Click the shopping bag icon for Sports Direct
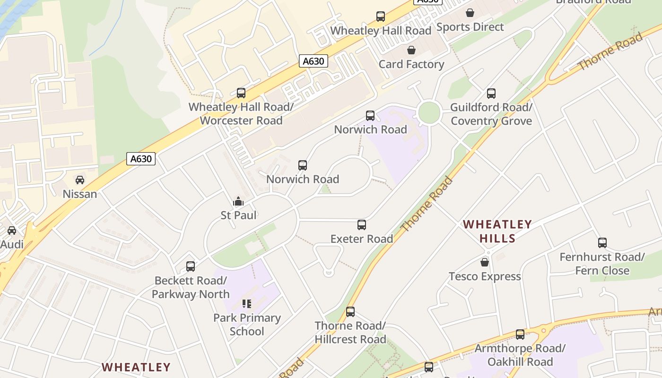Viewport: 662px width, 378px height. (470, 13)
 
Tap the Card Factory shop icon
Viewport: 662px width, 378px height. (411, 50)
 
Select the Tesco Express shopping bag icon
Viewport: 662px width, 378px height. (485, 262)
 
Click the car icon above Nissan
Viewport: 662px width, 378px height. (80, 180)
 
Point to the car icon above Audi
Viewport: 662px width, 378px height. (12, 231)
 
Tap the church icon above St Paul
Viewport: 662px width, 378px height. (238, 202)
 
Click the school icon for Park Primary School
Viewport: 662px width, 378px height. (247, 303)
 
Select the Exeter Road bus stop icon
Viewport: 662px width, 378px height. (362, 225)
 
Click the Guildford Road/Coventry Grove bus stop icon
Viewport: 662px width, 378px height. (491, 94)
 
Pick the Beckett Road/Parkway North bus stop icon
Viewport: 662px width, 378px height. (191, 266)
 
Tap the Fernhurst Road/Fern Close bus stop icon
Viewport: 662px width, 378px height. (602, 243)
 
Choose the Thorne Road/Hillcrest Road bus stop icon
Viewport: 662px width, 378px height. (350, 312)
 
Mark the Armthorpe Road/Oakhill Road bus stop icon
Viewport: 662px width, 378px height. (520, 335)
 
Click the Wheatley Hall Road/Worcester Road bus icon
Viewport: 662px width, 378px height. (241, 93)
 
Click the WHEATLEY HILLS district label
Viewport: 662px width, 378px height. (497, 231)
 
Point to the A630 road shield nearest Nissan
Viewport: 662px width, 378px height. (141, 159)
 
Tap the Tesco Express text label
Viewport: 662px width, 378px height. (485, 276)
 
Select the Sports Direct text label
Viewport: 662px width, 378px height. (470, 27)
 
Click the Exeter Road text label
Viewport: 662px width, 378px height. (362, 239)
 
